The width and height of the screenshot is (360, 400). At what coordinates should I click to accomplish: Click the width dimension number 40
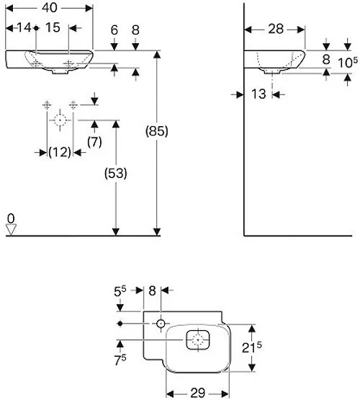point(50,8)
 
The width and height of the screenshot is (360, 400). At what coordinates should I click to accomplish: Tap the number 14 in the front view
point(24,27)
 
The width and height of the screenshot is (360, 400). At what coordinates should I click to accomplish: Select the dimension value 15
point(53,27)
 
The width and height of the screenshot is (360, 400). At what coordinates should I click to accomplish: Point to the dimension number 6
point(114,30)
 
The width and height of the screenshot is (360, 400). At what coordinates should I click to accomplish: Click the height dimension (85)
point(157,131)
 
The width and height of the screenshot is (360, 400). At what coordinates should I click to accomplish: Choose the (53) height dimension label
point(116,174)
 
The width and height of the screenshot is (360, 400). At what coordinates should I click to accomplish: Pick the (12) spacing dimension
point(60,152)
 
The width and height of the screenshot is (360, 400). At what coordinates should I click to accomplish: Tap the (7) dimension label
point(94,142)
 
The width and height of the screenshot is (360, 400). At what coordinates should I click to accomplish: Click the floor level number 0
point(11,218)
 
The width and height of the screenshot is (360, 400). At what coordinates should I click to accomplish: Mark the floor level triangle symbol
point(11,229)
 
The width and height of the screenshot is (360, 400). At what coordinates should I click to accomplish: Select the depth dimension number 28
point(276,29)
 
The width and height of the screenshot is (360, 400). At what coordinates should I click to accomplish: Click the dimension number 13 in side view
point(258,94)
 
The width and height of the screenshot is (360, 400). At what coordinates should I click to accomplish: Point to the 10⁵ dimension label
point(348,62)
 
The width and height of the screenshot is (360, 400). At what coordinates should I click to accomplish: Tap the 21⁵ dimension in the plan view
point(251,347)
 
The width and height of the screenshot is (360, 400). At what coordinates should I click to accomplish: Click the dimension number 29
point(198,393)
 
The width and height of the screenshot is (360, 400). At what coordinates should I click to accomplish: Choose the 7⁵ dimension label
point(120,360)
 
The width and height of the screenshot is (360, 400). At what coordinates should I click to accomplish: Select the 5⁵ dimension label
point(120,292)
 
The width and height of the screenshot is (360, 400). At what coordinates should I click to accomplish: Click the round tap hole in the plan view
point(161,324)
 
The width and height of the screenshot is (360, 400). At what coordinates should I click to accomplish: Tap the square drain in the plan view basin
point(198,339)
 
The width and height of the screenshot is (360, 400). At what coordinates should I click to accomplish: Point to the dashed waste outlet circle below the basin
point(60,120)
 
